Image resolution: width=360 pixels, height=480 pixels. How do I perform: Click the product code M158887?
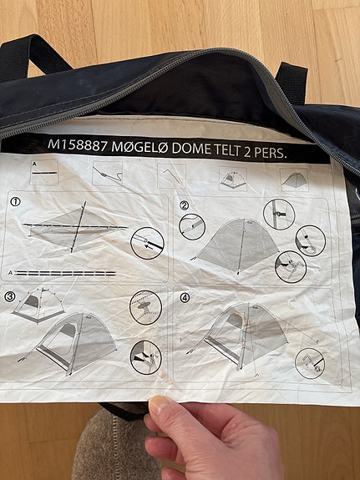(x=78, y=145)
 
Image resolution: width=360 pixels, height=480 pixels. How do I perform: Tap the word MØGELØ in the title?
(x=139, y=148)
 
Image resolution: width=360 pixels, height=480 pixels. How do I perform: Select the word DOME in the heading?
(x=191, y=149)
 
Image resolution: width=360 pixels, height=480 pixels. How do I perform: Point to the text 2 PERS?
(x=265, y=152)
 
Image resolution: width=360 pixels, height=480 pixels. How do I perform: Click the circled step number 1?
(x=15, y=201)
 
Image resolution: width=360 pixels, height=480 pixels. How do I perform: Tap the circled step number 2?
(x=184, y=205)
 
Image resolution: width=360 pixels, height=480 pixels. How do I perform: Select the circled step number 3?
(x=10, y=296)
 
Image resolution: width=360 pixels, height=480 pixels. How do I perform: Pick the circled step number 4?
(x=185, y=297)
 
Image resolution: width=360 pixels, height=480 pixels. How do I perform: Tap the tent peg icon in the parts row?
(x=171, y=176)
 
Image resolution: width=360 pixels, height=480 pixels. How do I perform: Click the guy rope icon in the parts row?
(x=108, y=174)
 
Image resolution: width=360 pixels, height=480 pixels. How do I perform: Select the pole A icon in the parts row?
(x=43, y=172)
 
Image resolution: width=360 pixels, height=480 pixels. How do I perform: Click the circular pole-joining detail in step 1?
(x=147, y=244)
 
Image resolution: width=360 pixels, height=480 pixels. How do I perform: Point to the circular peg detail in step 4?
(x=310, y=363)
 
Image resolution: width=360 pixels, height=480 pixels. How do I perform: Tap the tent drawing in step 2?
(x=236, y=245)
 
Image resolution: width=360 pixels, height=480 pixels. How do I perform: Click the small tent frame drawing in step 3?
(x=38, y=306)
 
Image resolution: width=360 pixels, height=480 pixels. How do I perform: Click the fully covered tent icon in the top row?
(x=294, y=179)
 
